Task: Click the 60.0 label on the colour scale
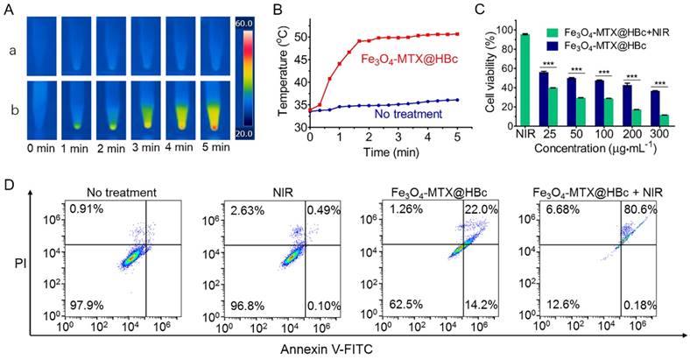coord(244,23)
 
